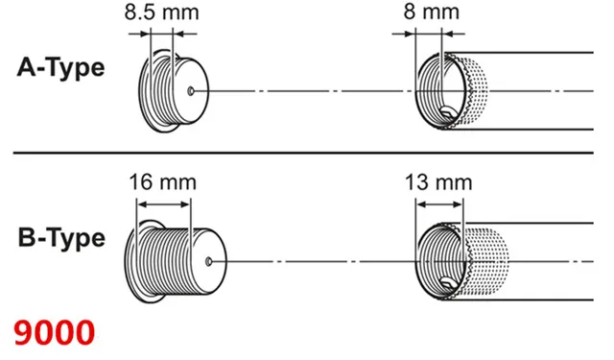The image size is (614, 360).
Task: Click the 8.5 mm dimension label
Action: point(162,12)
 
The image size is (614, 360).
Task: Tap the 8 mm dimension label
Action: point(432,12)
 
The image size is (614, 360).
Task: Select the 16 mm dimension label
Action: point(163,182)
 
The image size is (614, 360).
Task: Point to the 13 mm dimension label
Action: point(438,182)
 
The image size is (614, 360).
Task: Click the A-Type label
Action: point(60,68)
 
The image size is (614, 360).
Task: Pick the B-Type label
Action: point(61,238)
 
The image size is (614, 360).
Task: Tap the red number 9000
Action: point(55,332)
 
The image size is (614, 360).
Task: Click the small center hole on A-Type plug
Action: point(191,91)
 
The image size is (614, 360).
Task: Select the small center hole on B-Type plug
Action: point(209,262)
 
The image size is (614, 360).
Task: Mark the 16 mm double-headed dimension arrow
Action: point(164,204)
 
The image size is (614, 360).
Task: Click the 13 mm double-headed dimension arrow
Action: point(439,204)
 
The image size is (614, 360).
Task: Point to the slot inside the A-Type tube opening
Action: point(448,114)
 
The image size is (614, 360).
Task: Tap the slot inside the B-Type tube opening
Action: point(448,283)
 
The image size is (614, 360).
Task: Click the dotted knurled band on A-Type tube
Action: point(476,91)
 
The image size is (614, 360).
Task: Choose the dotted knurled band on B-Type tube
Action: point(487,262)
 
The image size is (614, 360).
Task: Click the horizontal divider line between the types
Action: point(303,153)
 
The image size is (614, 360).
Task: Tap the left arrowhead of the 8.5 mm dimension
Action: point(146,35)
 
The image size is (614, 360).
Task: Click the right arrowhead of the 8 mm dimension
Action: point(446,35)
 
